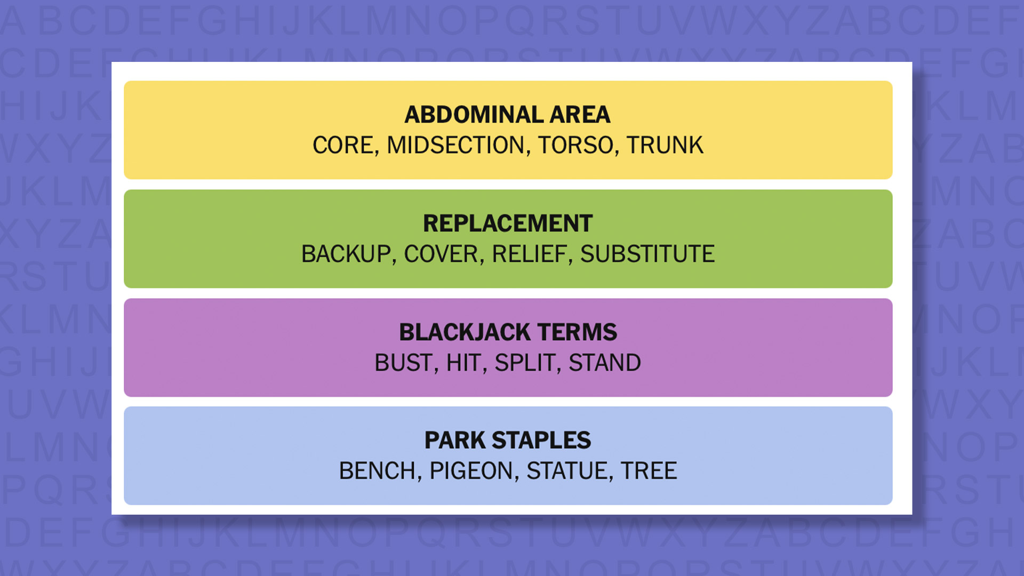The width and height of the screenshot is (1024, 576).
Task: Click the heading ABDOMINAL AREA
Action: pyautogui.click(x=507, y=115)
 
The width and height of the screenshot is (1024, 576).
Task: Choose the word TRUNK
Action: pyautogui.click(x=665, y=145)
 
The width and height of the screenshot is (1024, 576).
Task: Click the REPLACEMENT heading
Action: pyautogui.click(x=508, y=223)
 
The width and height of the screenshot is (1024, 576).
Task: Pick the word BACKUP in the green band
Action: pyautogui.click(x=347, y=254)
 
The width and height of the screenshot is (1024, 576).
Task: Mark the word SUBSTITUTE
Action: pyautogui.click(x=647, y=254)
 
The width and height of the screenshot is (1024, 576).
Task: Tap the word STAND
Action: pyautogui.click(x=604, y=363)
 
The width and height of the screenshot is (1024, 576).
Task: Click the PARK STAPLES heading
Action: pyautogui.click(x=508, y=441)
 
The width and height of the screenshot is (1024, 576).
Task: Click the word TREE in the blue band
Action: pyautogui.click(x=649, y=471)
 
